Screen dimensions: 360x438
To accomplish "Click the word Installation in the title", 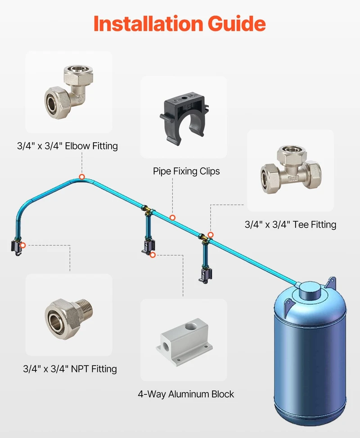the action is (x=148, y=23).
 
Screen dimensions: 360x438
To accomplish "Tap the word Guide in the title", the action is (x=237, y=23).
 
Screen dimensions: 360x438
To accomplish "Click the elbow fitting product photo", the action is (x=69, y=92).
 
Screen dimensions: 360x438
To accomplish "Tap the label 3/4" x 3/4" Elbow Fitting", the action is (x=67, y=146).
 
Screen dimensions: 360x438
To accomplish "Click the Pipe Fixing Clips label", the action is (x=186, y=171).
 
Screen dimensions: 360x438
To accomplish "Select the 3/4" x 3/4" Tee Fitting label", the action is (x=290, y=224).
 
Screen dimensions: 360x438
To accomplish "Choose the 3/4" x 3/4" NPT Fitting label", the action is (x=70, y=369).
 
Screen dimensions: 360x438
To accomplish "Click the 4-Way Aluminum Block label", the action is (x=186, y=394).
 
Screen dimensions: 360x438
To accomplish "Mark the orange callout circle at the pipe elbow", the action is (x=82, y=177).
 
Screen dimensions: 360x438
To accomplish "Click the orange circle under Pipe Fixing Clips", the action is (x=173, y=217).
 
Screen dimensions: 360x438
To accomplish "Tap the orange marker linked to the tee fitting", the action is (x=211, y=235).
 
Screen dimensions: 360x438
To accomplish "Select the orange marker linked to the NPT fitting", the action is (x=23, y=245).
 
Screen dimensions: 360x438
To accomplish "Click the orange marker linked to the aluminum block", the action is (x=153, y=255).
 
